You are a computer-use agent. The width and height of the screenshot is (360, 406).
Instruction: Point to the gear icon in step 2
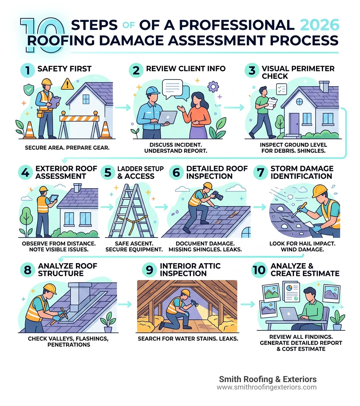click(213, 86)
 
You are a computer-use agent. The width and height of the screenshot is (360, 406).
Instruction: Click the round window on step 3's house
click(299, 101)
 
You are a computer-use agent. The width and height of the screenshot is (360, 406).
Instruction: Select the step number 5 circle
click(108, 172)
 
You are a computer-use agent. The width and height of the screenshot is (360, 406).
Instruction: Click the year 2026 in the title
click(320, 25)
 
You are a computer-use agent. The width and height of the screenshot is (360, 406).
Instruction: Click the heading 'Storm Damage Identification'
click(301, 172)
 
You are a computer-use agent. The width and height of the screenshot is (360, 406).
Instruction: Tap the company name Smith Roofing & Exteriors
click(268, 379)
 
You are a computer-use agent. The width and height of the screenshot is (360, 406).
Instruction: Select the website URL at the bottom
click(266, 387)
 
